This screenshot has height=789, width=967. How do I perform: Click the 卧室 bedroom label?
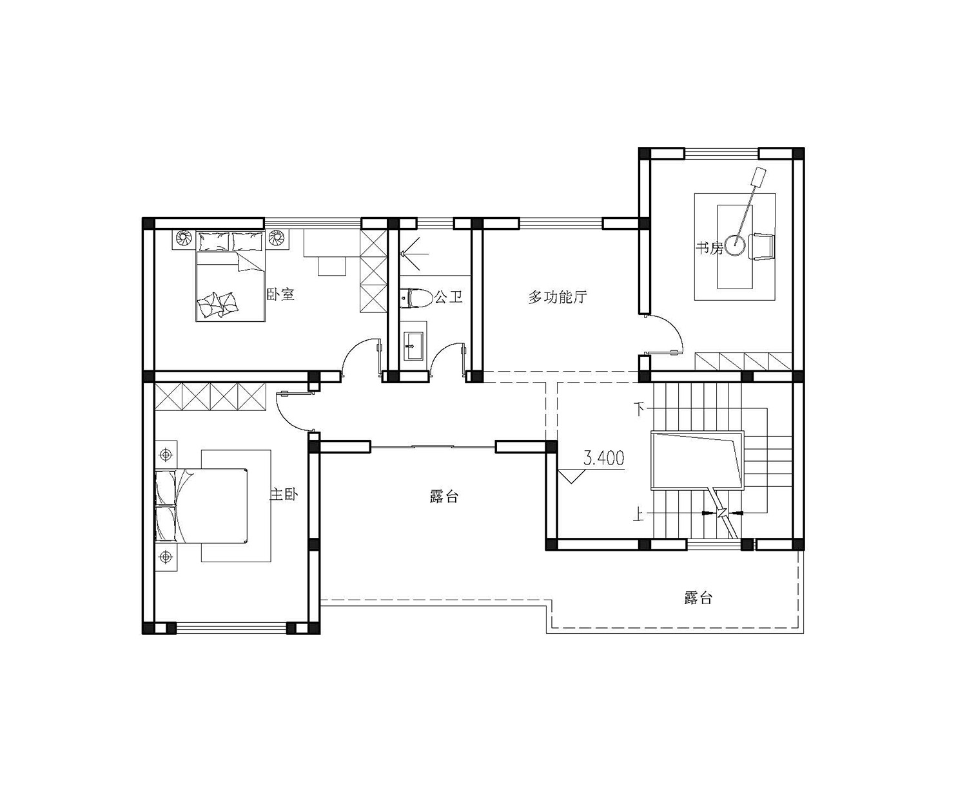(280, 294)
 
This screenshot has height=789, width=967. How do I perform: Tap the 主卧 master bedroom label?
(284, 495)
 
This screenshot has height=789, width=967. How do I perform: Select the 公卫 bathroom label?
(449, 297)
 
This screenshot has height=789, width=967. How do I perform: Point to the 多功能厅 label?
(558, 298)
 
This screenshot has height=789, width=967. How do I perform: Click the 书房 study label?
(709, 249)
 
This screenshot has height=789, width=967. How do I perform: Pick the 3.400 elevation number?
(603, 457)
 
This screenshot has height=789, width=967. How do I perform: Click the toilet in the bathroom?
(415, 298)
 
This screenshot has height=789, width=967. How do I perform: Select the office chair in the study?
(761, 247)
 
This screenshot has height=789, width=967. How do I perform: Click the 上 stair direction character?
(639, 515)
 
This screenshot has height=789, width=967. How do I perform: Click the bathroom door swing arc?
(438, 355)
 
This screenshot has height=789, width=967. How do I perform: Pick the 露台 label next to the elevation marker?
(444, 496)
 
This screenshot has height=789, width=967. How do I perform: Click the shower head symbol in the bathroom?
(414, 253)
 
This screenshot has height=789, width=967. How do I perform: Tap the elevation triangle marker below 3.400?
(571, 475)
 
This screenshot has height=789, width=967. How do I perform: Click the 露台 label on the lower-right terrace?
(698, 598)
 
